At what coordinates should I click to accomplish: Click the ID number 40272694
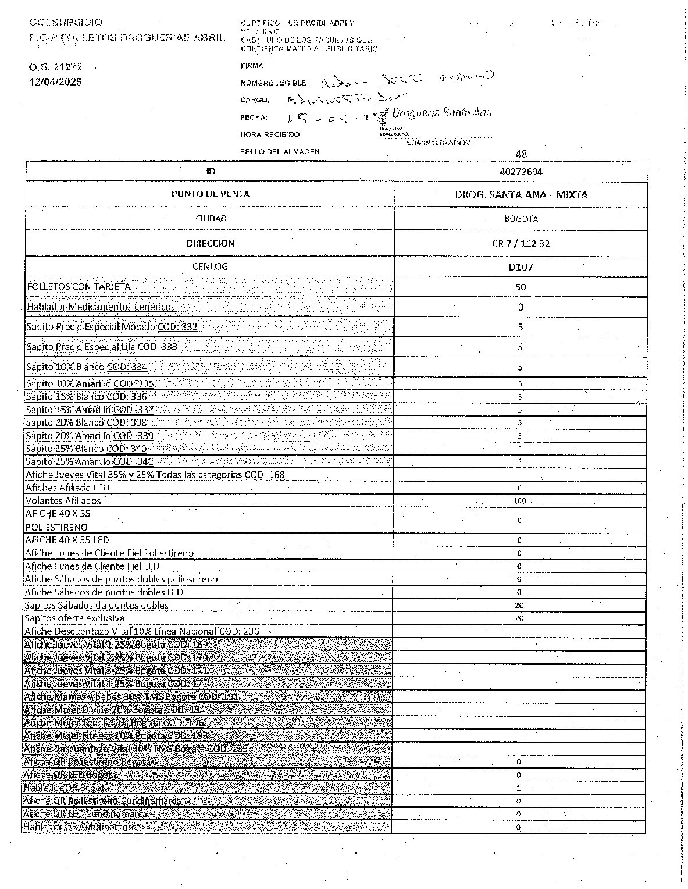click(x=521, y=172)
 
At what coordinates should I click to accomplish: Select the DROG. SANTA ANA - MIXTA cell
click(x=521, y=195)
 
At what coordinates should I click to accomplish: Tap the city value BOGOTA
click(x=521, y=219)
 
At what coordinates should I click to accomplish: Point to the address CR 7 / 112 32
click(x=521, y=244)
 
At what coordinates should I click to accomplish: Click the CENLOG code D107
click(x=521, y=267)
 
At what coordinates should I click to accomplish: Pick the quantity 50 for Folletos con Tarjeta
click(x=521, y=287)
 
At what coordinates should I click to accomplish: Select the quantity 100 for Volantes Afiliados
click(x=519, y=501)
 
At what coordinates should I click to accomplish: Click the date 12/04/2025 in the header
click(x=56, y=82)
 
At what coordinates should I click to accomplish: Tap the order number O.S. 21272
click(x=56, y=67)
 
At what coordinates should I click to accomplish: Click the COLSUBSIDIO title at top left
click(x=66, y=23)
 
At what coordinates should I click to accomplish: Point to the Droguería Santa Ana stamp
click(x=441, y=112)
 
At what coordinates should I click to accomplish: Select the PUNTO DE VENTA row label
click(x=211, y=194)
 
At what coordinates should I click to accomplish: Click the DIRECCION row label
click(x=211, y=244)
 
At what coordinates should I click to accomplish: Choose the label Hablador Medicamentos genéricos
click(x=101, y=307)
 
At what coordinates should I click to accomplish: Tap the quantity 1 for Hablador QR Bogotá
click(x=519, y=788)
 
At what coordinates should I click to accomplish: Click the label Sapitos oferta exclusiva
click(x=74, y=618)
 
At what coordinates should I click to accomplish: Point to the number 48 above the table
click(x=521, y=154)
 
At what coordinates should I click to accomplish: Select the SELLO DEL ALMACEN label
click(x=280, y=152)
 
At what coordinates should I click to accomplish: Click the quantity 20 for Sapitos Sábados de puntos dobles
click(x=519, y=606)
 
